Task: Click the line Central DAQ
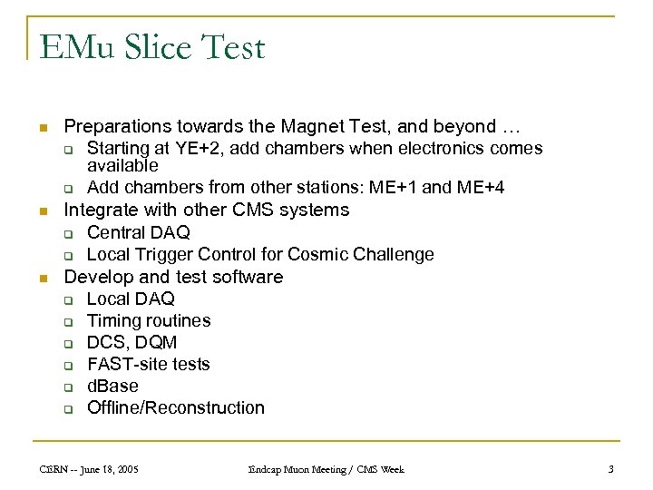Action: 139,233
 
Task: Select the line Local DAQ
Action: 131,299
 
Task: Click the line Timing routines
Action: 149,320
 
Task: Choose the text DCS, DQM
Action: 132,342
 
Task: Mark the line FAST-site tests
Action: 148,364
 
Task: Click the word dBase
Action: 112,386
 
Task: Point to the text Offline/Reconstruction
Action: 176,407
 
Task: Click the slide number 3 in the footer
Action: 610,469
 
